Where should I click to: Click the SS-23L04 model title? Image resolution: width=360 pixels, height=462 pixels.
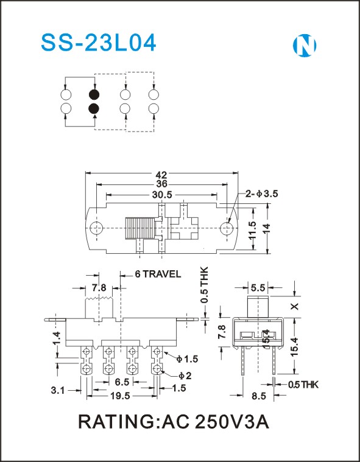99,43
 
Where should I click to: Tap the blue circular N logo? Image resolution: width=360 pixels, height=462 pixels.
305,46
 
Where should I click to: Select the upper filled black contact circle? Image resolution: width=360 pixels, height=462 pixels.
94,94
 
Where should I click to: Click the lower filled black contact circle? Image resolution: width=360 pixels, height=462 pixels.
94,109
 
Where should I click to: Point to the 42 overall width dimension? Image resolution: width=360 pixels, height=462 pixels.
161,175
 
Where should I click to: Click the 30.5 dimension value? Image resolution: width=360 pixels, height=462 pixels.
161,195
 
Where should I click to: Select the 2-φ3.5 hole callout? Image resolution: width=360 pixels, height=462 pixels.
262,194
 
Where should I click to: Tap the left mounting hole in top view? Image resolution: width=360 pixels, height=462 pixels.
96,228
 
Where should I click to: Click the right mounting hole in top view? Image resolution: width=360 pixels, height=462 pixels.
227,228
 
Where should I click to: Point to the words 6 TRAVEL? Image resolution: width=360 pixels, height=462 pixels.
158,275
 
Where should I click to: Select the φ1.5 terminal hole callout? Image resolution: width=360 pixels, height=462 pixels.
187,359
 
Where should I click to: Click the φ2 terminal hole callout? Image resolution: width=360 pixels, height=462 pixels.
185,376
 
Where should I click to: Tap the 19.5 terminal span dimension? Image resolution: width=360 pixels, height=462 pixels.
120,396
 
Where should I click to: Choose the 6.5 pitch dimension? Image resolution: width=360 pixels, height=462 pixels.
122,382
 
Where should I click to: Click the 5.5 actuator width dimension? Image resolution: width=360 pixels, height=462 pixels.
258,287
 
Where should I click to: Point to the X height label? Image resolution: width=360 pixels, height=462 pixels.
295,306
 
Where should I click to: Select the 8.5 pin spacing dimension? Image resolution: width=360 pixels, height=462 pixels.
259,396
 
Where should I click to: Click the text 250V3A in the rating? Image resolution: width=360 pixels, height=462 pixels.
232,422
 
